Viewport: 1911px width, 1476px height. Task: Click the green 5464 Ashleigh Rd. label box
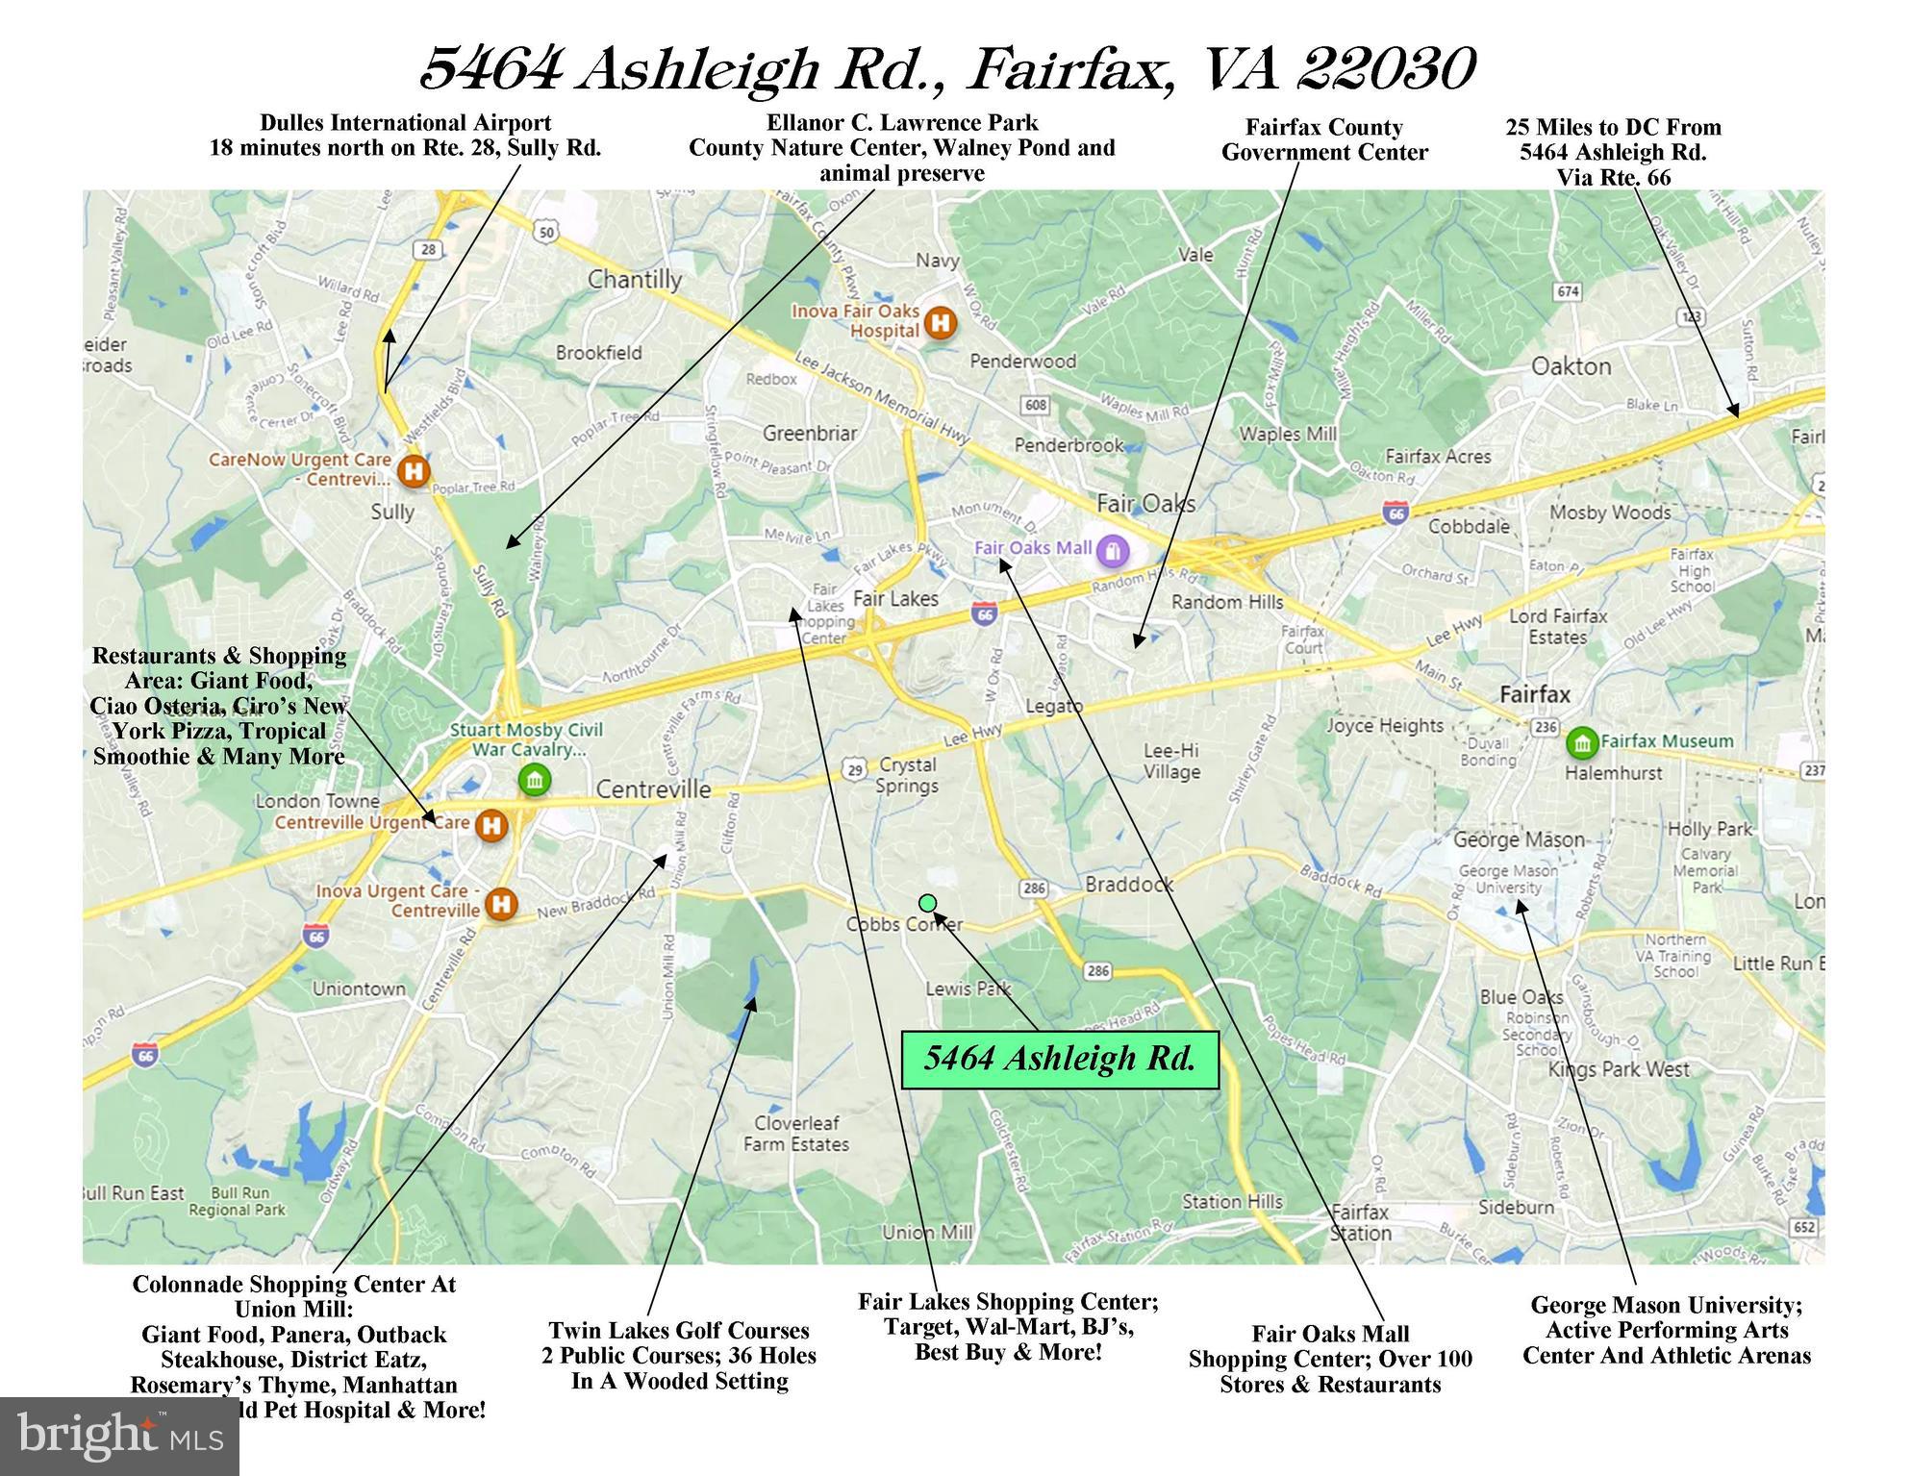click(1059, 1060)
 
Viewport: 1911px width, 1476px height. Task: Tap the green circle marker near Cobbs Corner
click(927, 902)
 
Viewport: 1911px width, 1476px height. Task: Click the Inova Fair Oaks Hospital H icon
click(940, 322)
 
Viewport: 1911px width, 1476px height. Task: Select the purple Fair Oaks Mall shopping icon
click(1113, 550)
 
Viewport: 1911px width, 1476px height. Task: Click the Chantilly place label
click(635, 280)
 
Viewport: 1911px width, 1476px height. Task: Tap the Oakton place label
click(1571, 366)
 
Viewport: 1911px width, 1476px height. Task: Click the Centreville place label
click(653, 789)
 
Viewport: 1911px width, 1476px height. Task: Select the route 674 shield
click(1568, 291)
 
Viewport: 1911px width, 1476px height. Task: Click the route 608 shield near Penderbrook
click(1036, 405)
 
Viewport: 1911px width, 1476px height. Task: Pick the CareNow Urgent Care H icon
click(414, 471)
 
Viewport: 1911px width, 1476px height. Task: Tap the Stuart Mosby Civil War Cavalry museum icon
click(534, 780)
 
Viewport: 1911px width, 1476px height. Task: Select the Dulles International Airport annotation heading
click(405, 123)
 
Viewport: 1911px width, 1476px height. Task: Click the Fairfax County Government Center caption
click(1323, 139)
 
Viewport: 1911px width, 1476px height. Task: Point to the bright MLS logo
click(119, 1436)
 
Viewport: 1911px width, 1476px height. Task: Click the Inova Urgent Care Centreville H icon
click(500, 903)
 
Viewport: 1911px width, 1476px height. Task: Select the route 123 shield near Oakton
click(1689, 316)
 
